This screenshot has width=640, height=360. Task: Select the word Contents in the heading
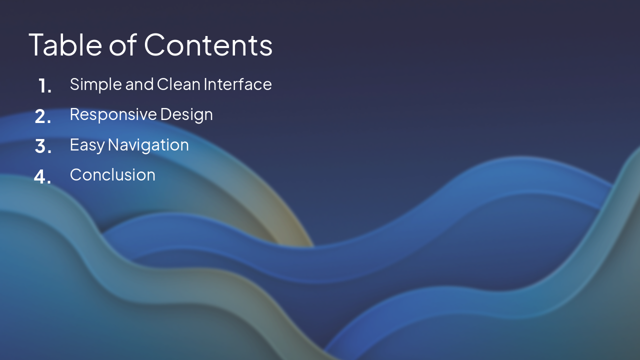(208, 44)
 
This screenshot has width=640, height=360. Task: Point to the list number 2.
(42, 117)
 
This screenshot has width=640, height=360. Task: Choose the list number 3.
(43, 147)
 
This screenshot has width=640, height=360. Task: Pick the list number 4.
(42, 177)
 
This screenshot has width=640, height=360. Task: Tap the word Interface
(237, 84)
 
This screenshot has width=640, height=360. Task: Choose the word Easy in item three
(87, 145)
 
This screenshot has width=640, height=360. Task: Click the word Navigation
(148, 145)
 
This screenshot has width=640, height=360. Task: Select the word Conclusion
(112, 175)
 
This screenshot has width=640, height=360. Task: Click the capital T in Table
(37, 44)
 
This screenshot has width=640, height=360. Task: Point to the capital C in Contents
(155, 44)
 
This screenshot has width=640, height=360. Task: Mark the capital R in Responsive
(74, 114)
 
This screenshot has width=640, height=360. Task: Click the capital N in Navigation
(113, 144)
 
